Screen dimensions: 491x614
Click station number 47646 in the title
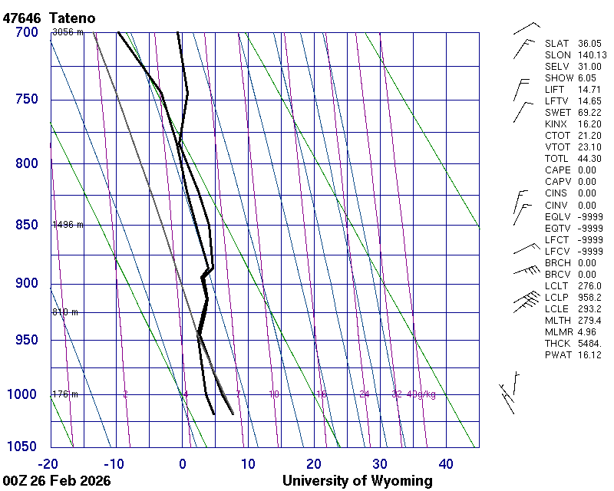[23, 17]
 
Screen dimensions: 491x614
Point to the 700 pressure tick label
[26, 32]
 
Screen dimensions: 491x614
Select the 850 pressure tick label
[26, 225]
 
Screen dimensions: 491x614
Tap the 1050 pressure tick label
[23, 447]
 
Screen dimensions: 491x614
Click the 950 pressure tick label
[26, 340]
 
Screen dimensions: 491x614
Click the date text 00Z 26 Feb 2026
[57, 481]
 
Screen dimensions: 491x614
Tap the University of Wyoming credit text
[358, 481]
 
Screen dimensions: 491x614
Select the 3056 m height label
[67, 32]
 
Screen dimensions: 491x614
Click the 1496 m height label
[67, 225]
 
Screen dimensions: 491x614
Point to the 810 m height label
[65, 312]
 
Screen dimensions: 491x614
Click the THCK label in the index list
[557, 343]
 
